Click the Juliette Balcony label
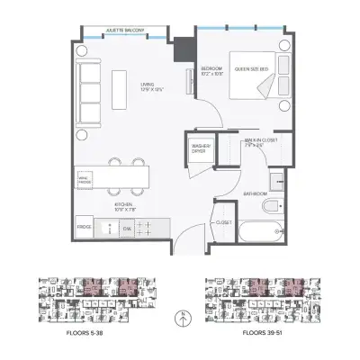click(121, 31)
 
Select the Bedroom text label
click(211, 71)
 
